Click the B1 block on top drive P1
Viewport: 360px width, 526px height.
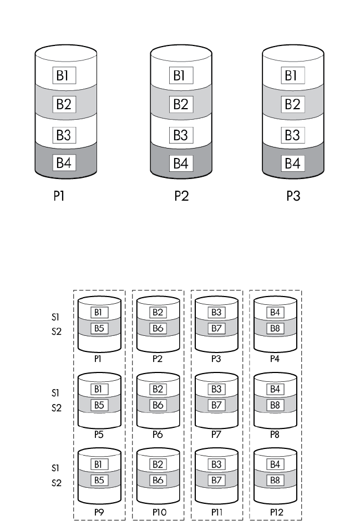[64, 74]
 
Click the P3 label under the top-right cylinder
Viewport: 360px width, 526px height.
[293, 197]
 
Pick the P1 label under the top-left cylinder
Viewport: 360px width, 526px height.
[62, 197]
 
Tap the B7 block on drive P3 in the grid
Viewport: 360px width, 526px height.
[216, 327]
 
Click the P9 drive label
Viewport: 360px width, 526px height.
[99, 510]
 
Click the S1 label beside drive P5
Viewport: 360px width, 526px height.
[54, 393]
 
